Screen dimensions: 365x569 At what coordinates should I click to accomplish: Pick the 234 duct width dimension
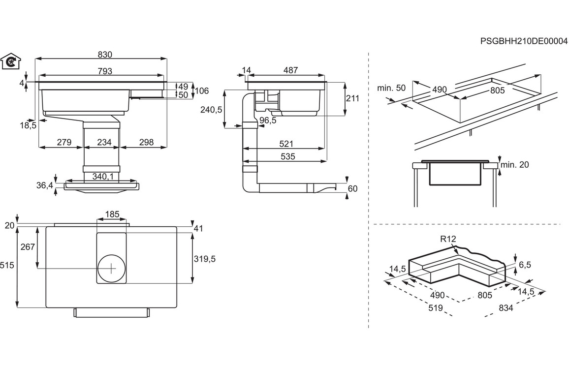click(x=104, y=143)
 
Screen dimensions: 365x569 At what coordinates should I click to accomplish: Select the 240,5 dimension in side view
click(x=212, y=110)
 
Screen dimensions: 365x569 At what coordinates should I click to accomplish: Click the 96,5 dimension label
click(x=268, y=121)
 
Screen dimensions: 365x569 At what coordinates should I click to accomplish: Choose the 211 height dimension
click(x=352, y=98)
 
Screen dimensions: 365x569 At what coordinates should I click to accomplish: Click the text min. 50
click(x=391, y=88)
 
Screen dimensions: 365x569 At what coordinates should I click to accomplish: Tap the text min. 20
click(x=514, y=165)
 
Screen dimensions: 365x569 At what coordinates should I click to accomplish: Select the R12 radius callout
click(x=448, y=239)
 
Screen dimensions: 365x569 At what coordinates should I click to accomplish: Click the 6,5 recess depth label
click(x=525, y=265)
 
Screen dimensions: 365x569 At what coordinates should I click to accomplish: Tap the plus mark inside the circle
click(x=112, y=268)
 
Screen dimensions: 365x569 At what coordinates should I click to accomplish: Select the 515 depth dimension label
click(x=7, y=266)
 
